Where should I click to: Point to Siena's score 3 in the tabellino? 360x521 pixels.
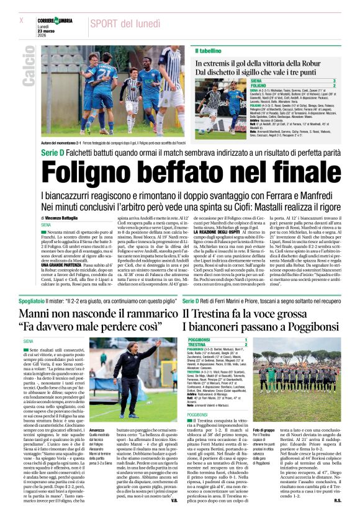pyautogui.click(x=351, y=81)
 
